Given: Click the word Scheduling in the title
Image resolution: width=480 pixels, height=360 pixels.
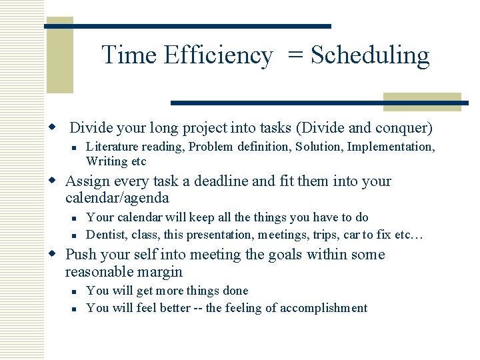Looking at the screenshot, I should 370,56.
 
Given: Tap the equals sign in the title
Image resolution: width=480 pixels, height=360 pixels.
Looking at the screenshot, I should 295,56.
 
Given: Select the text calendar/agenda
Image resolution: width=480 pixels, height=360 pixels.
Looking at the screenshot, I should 117,199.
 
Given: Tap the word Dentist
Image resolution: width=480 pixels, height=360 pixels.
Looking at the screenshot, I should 107,235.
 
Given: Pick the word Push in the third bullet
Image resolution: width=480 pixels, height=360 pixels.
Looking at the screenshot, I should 81,255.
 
